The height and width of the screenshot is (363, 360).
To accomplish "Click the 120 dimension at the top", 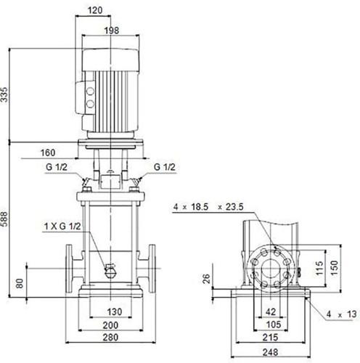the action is pyautogui.click(x=95, y=10).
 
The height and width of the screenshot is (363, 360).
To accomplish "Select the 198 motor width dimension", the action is pyautogui.click(x=112, y=30).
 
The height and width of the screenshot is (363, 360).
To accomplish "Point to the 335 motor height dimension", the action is pyautogui.click(x=4, y=95).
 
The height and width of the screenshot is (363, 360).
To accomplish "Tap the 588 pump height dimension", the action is pyautogui.click(x=4, y=219).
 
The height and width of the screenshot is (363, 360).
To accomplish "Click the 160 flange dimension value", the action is pyautogui.click(x=48, y=152).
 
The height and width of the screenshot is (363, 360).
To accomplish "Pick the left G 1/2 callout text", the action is pyautogui.click(x=57, y=167).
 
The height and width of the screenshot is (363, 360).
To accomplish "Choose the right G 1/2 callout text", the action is pyautogui.click(x=165, y=167).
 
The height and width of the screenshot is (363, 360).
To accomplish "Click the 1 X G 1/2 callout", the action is pyautogui.click(x=62, y=227).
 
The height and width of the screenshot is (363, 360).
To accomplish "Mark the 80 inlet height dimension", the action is pyautogui.click(x=20, y=283).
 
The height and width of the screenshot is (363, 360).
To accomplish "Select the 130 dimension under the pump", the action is pyautogui.click(x=115, y=311).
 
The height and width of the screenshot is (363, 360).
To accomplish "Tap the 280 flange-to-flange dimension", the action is pyautogui.click(x=110, y=337).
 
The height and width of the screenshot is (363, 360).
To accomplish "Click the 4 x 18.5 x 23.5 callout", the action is pyautogui.click(x=208, y=207).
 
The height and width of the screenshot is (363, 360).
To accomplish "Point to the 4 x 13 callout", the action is pyautogui.click(x=341, y=314).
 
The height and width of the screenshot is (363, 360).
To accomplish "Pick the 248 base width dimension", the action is pyautogui.click(x=270, y=352).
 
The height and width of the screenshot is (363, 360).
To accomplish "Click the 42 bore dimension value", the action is pyautogui.click(x=271, y=311).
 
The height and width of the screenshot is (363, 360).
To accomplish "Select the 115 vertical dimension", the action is pyautogui.click(x=319, y=268).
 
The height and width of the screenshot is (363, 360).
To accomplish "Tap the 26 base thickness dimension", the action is pyautogui.click(x=206, y=279).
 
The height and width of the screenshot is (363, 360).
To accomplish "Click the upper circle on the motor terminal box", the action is pyautogui.click(x=90, y=91).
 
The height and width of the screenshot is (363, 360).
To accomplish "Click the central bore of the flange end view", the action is pyautogui.click(x=271, y=269).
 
